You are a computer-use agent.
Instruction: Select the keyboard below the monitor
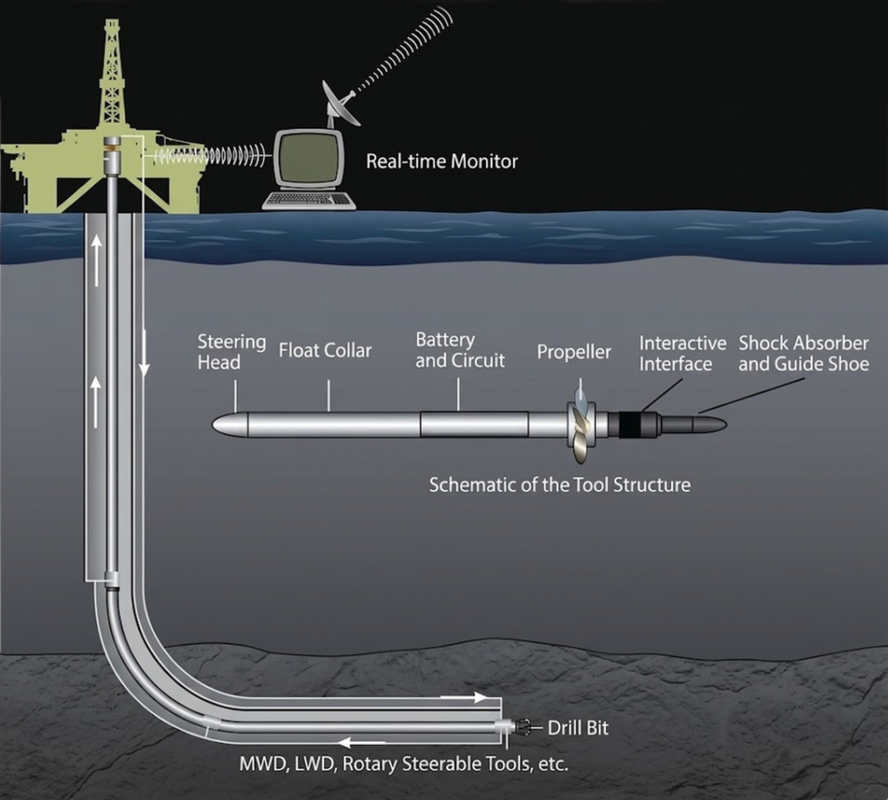(309, 201)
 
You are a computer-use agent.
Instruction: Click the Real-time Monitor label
(442, 161)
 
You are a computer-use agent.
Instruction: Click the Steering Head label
(231, 352)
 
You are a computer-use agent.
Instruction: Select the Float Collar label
(325, 351)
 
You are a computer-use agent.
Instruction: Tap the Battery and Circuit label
(460, 350)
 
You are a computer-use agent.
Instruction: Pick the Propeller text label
(574, 352)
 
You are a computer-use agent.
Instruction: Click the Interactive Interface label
(683, 354)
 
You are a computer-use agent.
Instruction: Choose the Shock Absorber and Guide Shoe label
(804, 354)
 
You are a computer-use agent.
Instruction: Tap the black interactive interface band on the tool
(630, 425)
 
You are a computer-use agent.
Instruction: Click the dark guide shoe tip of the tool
(709, 424)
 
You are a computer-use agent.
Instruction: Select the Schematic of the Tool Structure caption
(560, 485)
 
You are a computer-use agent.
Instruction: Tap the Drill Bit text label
(578, 728)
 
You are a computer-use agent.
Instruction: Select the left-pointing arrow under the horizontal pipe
(363, 743)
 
